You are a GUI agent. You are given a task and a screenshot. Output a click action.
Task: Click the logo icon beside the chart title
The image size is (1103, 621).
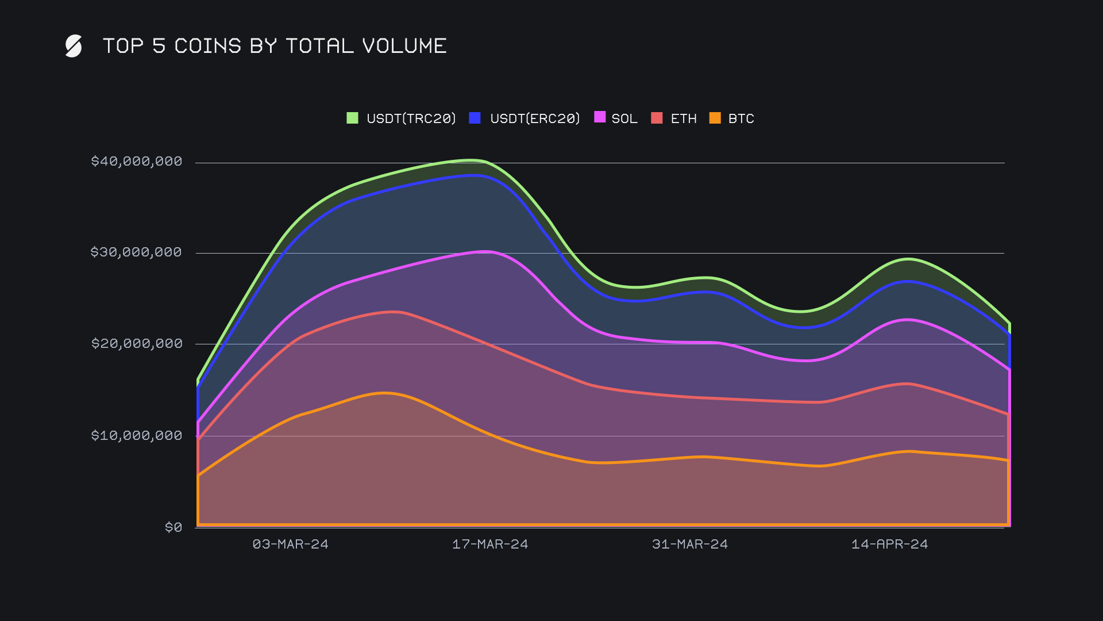[x=74, y=46]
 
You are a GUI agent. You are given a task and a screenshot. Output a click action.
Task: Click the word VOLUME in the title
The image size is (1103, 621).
[x=404, y=46]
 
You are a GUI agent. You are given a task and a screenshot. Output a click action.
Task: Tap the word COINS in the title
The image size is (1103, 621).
[x=207, y=46]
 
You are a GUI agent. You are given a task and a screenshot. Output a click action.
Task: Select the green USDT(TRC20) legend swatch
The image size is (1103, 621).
[x=352, y=118]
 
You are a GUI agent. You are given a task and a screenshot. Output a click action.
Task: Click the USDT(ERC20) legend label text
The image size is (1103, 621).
[x=535, y=118]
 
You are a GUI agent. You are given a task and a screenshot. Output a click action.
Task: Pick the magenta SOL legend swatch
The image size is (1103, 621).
[x=600, y=117]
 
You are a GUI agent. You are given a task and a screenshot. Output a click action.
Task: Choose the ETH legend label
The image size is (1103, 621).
[x=684, y=118]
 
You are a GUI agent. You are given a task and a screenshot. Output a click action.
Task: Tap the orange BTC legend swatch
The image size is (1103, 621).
[x=715, y=118]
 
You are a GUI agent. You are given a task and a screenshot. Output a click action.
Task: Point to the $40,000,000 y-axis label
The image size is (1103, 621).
[x=137, y=161]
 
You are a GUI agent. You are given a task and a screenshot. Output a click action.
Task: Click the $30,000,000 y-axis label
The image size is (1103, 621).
[x=136, y=252]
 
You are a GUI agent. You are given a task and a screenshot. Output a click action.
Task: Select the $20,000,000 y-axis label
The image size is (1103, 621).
[x=137, y=343]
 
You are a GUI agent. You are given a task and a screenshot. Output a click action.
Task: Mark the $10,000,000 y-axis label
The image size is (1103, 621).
[x=137, y=435]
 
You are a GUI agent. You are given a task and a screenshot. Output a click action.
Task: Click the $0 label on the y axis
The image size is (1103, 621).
[x=173, y=527]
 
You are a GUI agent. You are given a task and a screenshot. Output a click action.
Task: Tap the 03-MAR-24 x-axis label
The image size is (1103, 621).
[x=291, y=544]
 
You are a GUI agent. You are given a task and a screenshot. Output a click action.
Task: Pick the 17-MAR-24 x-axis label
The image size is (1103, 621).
[x=490, y=544]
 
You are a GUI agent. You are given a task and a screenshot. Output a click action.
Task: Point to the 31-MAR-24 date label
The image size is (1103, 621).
[x=690, y=544]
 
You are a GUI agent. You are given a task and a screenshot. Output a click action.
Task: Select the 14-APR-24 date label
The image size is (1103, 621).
[x=889, y=544]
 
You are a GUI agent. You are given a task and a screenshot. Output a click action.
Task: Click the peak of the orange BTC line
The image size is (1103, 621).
[x=385, y=393]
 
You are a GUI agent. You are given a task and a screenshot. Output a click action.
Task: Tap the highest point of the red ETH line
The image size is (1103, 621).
[x=395, y=312]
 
